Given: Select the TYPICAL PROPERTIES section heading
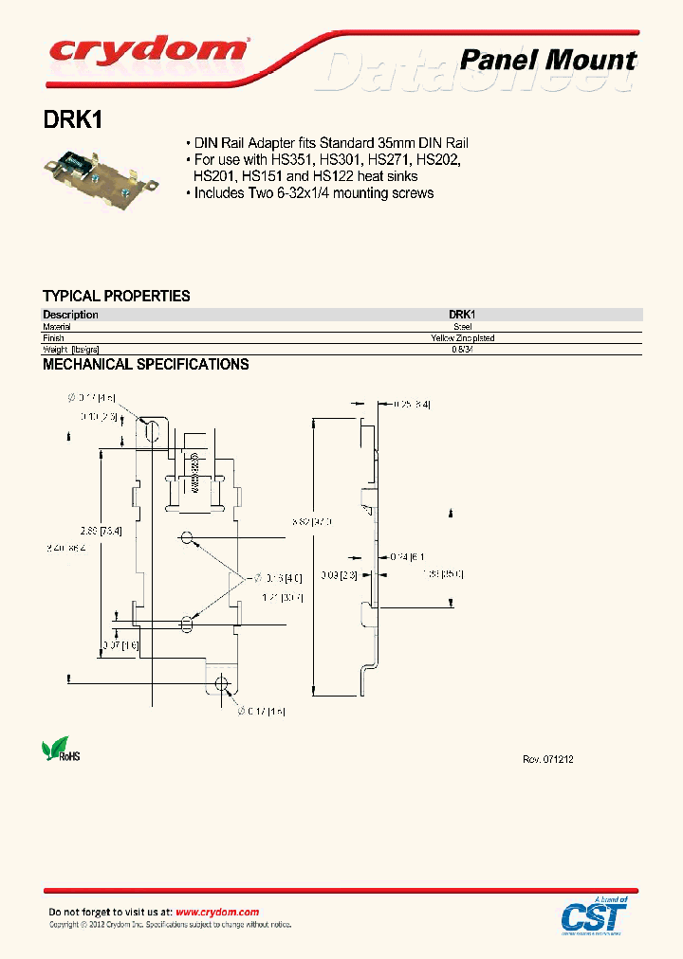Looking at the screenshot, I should pos(116,296).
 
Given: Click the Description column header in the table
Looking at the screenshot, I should pos(70,315).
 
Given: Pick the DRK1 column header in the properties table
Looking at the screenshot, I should pos(462,315).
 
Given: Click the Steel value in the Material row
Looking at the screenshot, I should pos(462,326).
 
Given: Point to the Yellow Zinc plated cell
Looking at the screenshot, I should pos(462,337).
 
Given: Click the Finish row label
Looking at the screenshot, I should pos(53,337).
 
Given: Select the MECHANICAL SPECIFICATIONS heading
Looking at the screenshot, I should pos(145,364).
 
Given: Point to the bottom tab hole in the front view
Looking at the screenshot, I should pos(222,683).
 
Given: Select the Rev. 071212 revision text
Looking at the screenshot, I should pos(548,760).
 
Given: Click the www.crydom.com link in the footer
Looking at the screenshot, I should pos(217,912).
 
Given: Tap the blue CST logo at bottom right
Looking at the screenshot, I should pos(594,916).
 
